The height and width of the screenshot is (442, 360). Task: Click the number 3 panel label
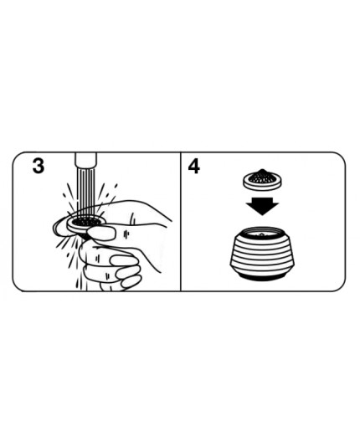pyautogui.click(x=39, y=166)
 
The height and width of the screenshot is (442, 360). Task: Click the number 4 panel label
pyautogui.click(x=194, y=167)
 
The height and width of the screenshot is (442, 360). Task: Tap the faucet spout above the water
pyautogui.click(x=85, y=161)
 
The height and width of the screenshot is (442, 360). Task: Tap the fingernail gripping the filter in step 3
pyautogui.click(x=100, y=234)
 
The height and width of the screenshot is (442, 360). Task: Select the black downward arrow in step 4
pyautogui.click(x=262, y=206)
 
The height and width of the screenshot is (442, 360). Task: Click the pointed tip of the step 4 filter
pyautogui.click(x=262, y=170)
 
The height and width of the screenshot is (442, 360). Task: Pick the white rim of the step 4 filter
pyautogui.click(x=262, y=185)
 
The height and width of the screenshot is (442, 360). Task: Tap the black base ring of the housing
pyautogui.click(x=262, y=277)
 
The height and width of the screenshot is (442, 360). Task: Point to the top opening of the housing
pyautogui.click(x=262, y=234)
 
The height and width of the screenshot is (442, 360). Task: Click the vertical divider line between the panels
pyautogui.click(x=181, y=222)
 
